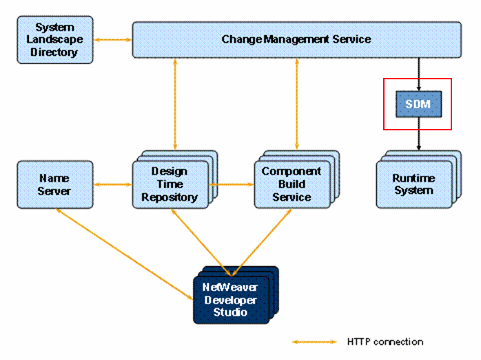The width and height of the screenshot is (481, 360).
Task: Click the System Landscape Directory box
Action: [54, 40]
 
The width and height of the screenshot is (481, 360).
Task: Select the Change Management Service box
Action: [296, 39]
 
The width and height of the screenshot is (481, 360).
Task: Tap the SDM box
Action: [417, 104]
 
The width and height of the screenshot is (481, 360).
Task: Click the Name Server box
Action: [54, 184]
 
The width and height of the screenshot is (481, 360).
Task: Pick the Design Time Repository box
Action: [170, 184]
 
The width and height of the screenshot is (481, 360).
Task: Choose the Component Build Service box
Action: [291, 184]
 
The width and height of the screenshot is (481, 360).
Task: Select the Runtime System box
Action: [413, 184]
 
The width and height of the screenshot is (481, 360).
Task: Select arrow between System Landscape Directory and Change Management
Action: [112, 40]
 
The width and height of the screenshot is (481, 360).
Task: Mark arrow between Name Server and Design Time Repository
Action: [112, 184]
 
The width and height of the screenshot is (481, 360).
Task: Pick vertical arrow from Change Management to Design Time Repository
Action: [176, 103]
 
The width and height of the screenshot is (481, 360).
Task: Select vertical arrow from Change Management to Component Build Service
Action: [297, 103]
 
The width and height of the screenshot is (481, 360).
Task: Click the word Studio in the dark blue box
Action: [229, 312]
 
